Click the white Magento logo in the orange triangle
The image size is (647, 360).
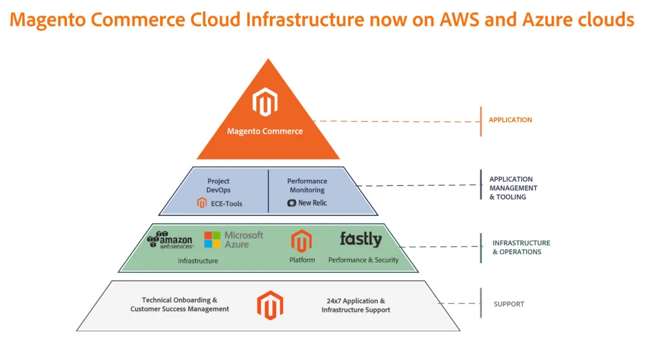[x=265, y=102]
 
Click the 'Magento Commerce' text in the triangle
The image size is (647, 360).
[x=265, y=131]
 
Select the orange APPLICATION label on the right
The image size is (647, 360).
[x=510, y=120]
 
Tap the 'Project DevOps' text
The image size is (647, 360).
[x=218, y=186]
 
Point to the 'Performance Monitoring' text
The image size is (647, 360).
[x=306, y=186]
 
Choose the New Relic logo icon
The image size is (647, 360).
[x=291, y=203]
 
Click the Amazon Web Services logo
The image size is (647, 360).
[x=170, y=240]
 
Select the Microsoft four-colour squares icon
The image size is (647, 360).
[x=212, y=239]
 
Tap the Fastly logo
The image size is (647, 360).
[x=361, y=239]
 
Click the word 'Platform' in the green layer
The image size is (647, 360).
[x=302, y=260]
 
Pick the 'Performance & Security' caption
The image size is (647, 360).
[x=363, y=260]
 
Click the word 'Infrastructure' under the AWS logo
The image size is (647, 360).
[x=198, y=261]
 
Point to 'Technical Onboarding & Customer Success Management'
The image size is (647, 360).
[x=179, y=305]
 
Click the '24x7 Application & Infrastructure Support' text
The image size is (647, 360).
[x=355, y=305]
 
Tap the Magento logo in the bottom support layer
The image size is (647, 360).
[x=270, y=305]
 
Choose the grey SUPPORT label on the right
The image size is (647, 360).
[x=509, y=304]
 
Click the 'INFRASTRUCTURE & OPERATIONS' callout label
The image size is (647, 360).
[x=521, y=247]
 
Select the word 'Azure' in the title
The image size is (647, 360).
[x=551, y=19]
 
